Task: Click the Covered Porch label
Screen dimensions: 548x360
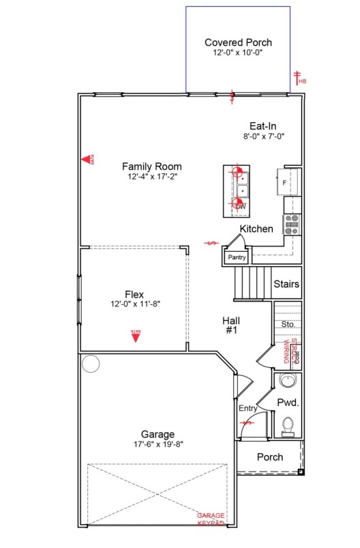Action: click(x=238, y=42)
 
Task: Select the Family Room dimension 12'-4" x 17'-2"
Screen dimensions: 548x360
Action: click(x=152, y=177)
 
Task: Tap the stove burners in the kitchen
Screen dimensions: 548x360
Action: click(x=292, y=225)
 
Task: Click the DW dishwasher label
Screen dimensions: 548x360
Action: click(x=241, y=206)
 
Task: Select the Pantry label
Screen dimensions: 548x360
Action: click(x=237, y=257)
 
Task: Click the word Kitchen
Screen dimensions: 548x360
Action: click(x=256, y=229)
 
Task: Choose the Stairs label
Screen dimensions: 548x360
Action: click(x=286, y=284)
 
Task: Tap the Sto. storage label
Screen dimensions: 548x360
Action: click(x=288, y=324)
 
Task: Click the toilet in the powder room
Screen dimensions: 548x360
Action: click(x=288, y=426)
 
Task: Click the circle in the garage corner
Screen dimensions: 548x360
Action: click(x=91, y=364)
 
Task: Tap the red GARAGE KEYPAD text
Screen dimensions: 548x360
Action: click(x=211, y=519)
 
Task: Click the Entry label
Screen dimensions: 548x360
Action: click(x=247, y=408)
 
